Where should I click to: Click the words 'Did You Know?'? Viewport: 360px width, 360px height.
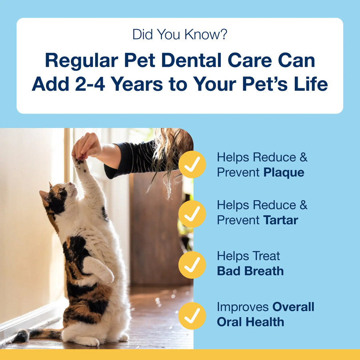180,35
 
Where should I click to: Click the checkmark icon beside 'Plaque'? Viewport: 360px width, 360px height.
192,164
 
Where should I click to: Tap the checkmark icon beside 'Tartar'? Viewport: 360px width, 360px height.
192,214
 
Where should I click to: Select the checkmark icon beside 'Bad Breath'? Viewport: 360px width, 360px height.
192,264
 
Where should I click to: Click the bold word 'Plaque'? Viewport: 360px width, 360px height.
284,172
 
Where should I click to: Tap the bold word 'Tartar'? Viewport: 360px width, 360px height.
281,220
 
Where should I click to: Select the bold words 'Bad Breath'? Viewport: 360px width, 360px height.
250,271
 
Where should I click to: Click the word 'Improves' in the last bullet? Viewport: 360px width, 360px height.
243,307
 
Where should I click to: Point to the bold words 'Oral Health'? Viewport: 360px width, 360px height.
250,322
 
